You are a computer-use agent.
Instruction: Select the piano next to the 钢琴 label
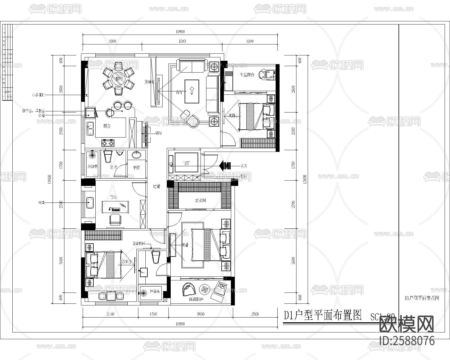click(x=146, y=134)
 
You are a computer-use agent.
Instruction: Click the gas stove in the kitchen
click(x=108, y=143)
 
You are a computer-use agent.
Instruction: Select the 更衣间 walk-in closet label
click(x=201, y=201)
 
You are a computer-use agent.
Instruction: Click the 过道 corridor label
click(x=156, y=186)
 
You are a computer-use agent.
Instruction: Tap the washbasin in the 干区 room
click(x=137, y=155)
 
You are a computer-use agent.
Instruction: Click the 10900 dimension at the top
click(x=180, y=31)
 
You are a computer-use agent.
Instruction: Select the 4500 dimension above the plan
click(x=182, y=41)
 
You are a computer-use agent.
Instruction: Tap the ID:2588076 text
click(x=407, y=341)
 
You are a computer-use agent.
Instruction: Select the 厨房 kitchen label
click(x=107, y=126)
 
